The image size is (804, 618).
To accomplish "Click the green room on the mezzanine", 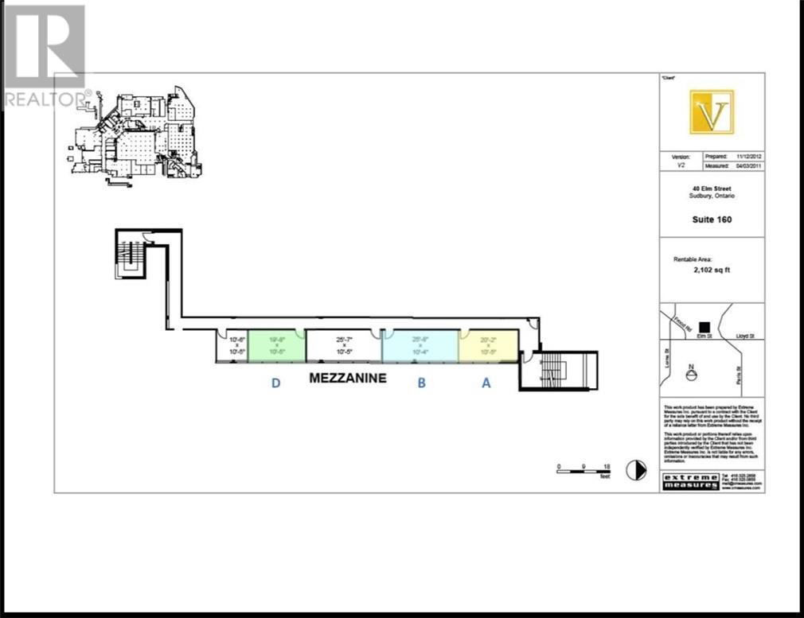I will tap(276, 346).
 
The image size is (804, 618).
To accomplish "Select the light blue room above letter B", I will tap(420, 346).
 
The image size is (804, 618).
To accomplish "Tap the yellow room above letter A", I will tap(488, 345).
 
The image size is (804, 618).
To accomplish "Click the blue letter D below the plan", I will tap(275, 383).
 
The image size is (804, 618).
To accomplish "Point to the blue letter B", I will tap(422, 383).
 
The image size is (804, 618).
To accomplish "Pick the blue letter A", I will tap(486, 383).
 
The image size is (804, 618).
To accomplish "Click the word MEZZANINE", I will tap(347, 379).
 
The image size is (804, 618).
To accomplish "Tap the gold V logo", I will tap(712, 112).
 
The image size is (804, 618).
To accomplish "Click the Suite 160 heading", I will tap(712, 220).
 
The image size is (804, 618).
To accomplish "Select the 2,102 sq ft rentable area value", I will tap(712, 270).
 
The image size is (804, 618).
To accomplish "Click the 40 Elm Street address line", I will tap(712, 187).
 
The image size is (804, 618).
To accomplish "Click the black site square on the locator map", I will tap(704, 326).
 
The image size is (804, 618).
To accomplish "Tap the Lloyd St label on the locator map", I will tap(749, 337).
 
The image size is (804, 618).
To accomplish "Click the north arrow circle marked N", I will tap(691, 374).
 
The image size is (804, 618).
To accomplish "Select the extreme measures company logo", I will tap(690, 481).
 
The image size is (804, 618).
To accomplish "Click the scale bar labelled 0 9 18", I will tap(583, 470).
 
